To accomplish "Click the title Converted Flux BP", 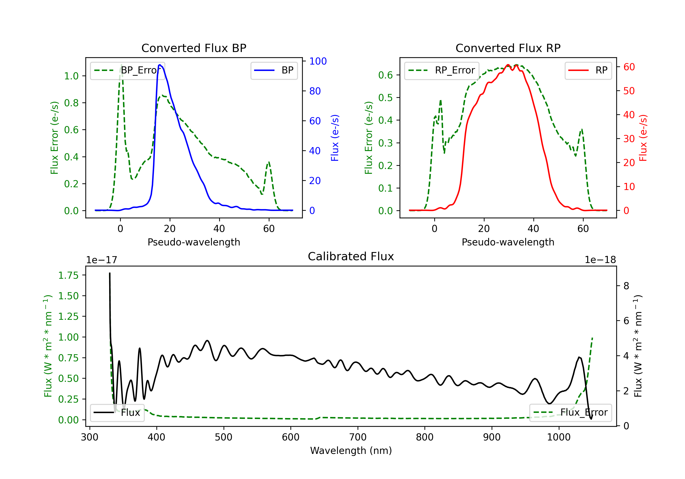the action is click(194, 48).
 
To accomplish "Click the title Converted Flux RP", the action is click(508, 48).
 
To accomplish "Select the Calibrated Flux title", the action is click(351, 256).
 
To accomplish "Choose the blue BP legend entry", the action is click(274, 70).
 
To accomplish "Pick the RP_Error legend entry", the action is click(442, 70).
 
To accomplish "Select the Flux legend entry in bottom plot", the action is click(117, 413).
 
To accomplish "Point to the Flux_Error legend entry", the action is click(570, 413).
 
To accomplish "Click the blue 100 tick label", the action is click(318, 61).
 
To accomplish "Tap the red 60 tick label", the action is click(629, 67).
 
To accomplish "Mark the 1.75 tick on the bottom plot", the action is click(68, 275).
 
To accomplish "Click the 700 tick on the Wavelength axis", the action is click(358, 437).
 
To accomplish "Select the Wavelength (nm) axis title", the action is click(351, 451).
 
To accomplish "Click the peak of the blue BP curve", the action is click(160, 65).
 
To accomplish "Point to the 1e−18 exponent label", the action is click(600, 260).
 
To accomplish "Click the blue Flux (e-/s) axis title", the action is click(335, 138).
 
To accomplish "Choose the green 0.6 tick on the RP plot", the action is click(385, 75).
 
